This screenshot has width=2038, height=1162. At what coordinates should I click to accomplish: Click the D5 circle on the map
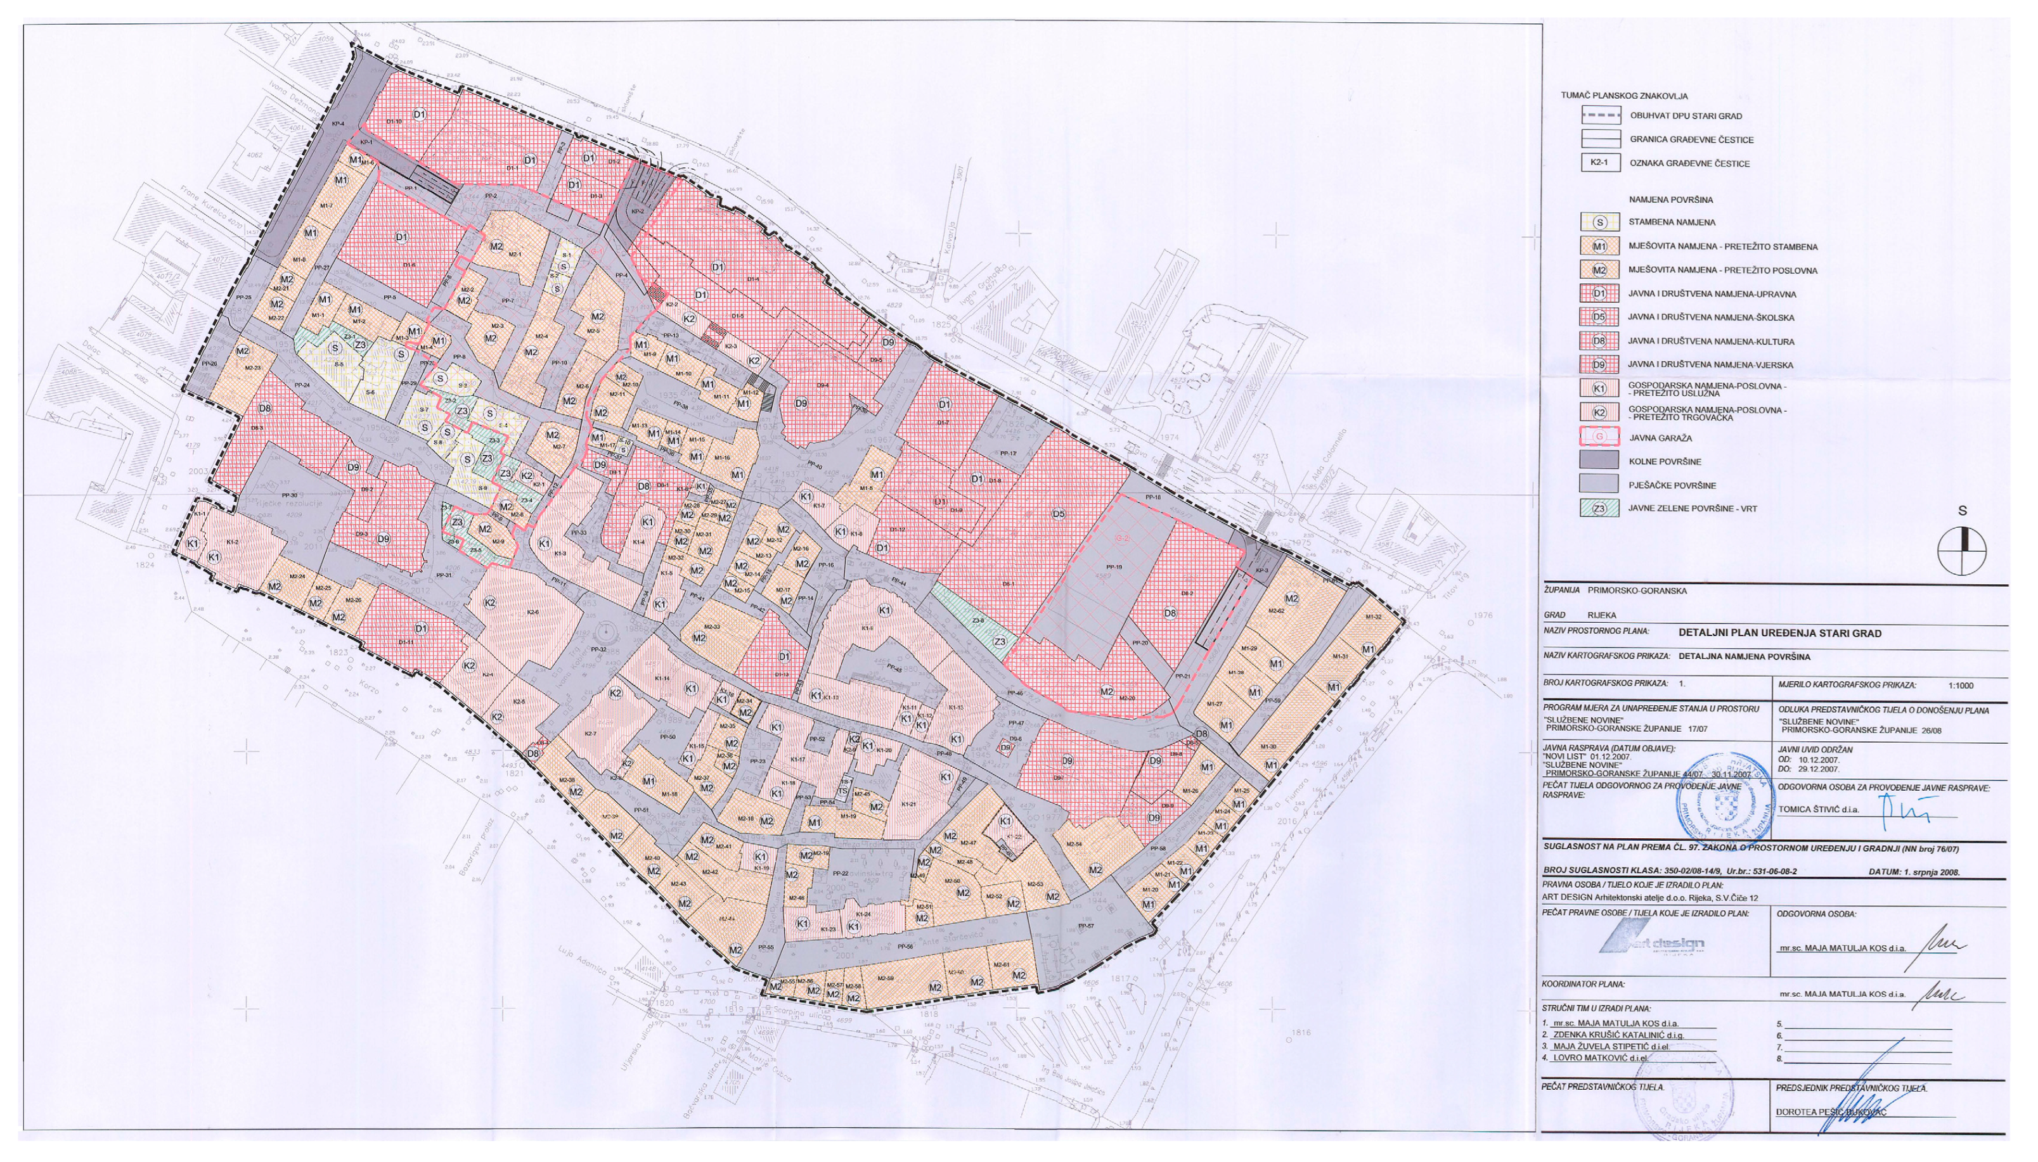pyautogui.click(x=1059, y=514)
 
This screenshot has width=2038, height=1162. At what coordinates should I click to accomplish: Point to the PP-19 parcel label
pyautogui.click(x=1114, y=568)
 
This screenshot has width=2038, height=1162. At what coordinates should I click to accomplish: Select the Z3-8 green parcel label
pyautogui.click(x=977, y=619)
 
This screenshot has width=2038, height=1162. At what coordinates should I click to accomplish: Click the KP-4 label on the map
pyautogui.click(x=338, y=124)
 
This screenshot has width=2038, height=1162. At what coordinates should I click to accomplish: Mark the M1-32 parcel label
pyautogui.click(x=1373, y=617)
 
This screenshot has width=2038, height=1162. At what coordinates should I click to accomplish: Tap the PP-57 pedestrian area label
pyautogui.click(x=1086, y=926)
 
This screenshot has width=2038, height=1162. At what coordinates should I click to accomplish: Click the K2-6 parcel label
pyautogui.click(x=533, y=612)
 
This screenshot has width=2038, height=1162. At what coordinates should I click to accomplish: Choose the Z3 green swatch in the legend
pyautogui.click(x=1600, y=508)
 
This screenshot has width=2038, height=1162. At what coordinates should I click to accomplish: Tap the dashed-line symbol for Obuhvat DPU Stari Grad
pyautogui.click(x=1600, y=116)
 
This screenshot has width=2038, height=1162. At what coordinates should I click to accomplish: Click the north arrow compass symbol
pyautogui.click(x=1961, y=551)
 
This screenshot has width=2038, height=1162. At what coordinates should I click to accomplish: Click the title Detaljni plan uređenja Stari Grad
pyautogui.click(x=1779, y=633)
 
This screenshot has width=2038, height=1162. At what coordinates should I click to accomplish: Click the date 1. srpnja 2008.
pyautogui.click(x=1914, y=872)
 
